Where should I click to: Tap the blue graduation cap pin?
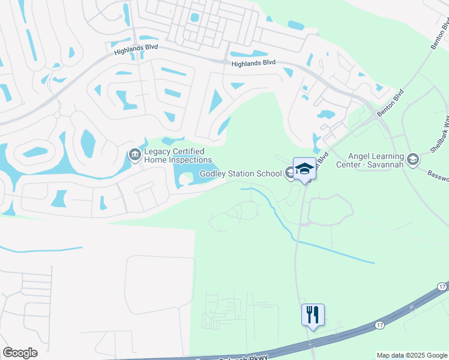tap(304, 169)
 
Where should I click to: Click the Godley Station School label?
tap(240, 174)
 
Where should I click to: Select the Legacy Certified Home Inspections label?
tap(174, 156)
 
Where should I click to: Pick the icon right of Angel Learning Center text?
tap(412, 159)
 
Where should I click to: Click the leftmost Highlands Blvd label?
tap(136, 52)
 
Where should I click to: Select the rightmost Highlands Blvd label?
tap(253, 62)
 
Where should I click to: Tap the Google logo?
tap(20, 353)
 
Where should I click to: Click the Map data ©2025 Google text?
tap(412, 355)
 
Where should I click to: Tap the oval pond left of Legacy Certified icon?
tap(88, 141)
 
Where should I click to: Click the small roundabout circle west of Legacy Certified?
tap(57, 114)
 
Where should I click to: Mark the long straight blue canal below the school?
tap(336, 251)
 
